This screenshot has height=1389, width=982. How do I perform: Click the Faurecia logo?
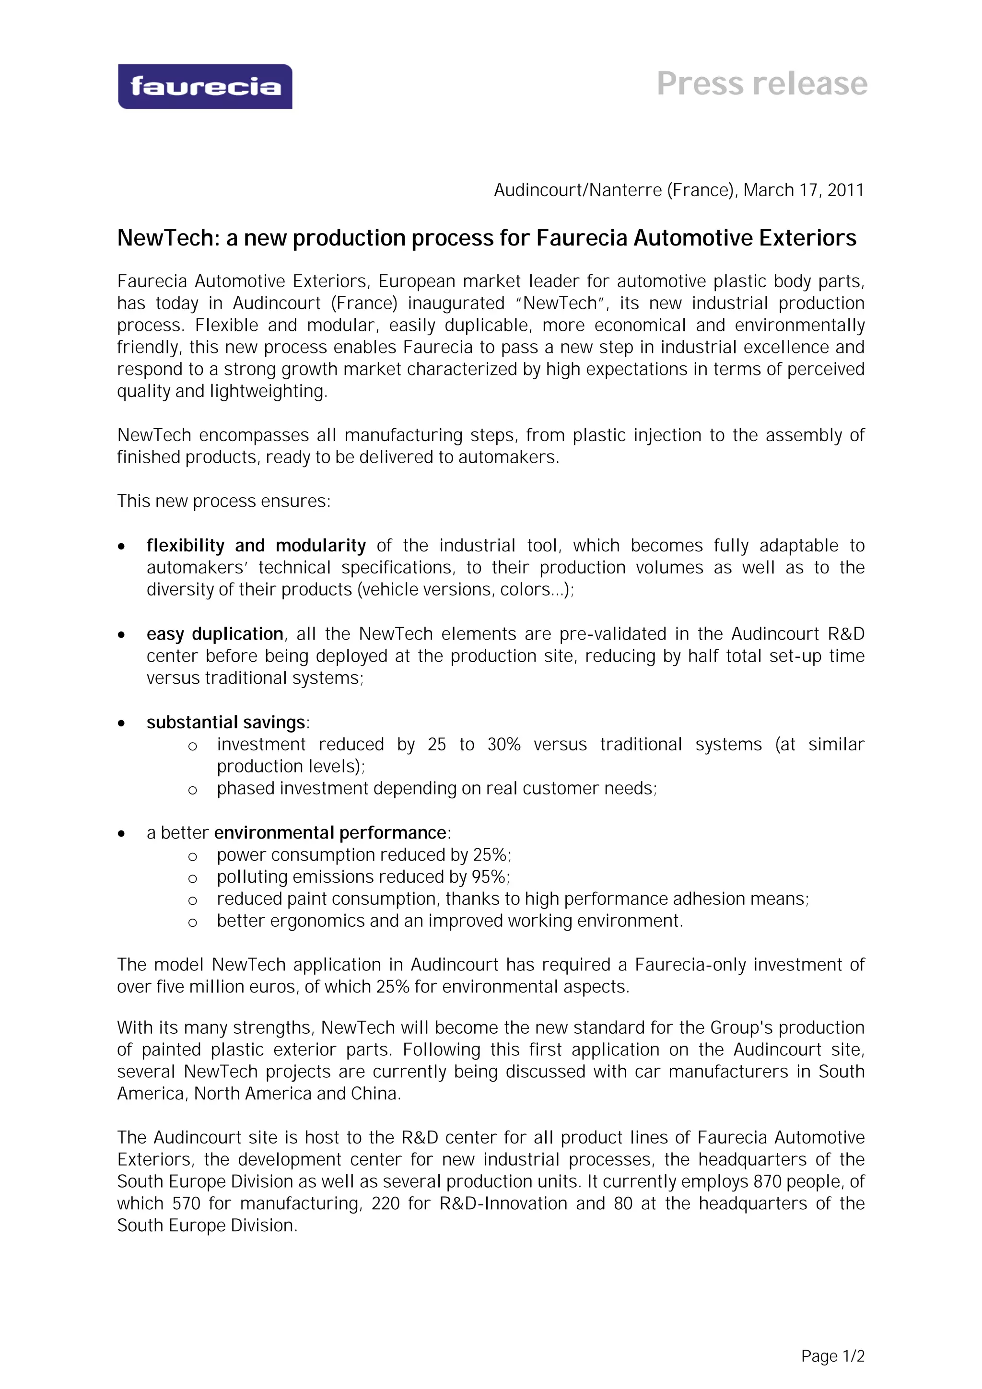point(205,86)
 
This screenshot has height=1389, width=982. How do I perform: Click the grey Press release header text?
point(762,83)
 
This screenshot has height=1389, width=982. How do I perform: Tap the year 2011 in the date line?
point(845,190)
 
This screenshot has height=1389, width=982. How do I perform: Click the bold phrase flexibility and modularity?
point(256,546)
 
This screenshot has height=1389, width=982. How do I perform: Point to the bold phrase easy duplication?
point(215,634)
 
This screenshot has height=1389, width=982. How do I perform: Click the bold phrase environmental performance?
point(330,833)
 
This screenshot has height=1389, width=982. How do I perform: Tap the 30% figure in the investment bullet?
point(504,745)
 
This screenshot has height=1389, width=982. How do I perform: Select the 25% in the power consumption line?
point(491,855)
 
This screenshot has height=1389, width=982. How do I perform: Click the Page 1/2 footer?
point(832,1356)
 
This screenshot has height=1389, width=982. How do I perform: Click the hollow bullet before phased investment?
point(192,790)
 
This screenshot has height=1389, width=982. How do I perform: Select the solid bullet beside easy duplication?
point(122,635)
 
